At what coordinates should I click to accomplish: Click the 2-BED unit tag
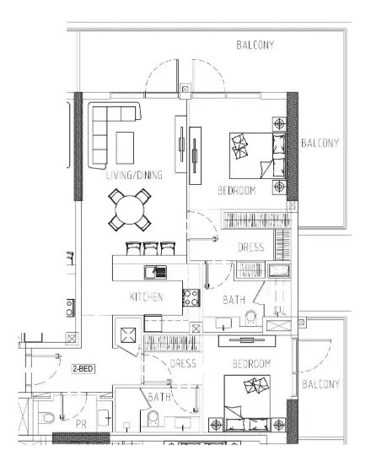83,369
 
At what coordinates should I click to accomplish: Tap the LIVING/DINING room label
134,175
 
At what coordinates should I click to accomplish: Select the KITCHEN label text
147,297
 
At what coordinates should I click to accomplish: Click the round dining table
130,209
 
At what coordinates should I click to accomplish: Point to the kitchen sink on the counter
156,272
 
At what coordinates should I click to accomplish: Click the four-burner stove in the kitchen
191,298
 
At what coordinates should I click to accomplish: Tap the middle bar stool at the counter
151,248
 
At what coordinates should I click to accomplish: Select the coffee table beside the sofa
125,148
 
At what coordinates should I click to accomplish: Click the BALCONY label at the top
255,45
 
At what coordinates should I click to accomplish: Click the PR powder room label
81,424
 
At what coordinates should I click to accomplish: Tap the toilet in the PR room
46,418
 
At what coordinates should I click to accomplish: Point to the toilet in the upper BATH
250,318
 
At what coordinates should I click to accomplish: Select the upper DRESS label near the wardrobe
251,247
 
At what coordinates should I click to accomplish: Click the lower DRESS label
183,363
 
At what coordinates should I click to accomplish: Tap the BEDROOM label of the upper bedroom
237,190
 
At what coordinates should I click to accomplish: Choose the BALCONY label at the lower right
320,384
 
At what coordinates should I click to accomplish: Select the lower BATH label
159,397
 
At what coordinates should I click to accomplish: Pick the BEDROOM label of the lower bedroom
251,364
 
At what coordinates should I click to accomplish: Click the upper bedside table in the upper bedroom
279,123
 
